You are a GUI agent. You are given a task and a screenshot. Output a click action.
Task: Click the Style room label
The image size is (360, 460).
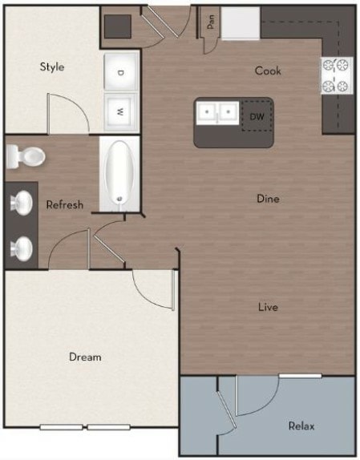click(x=52, y=67)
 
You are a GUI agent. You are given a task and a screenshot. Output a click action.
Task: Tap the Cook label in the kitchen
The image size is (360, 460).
click(x=268, y=71)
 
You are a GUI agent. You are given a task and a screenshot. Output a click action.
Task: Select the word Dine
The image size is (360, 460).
click(x=268, y=198)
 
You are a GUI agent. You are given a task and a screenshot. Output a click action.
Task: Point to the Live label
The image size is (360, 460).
click(x=268, y=306)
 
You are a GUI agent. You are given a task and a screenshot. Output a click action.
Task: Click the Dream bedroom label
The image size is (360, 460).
click(x=84, y=356)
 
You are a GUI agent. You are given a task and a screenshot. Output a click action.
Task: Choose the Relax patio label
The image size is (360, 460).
click(x=302, y=426)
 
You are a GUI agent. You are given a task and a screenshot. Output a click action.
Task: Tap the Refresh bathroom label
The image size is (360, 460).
click(x=64, y=204)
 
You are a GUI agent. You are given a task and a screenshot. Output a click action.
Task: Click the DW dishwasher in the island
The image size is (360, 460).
click(x=257, y=116)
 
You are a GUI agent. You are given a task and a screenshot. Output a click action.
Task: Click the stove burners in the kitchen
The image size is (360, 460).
click(x=338, y=75)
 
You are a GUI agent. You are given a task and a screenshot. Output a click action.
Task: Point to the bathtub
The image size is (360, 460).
click(x=119, y=174)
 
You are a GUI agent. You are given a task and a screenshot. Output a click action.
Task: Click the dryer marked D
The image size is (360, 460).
click(x=121, y=72)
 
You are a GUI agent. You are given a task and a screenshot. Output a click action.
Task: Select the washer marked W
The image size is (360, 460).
click(x=121, y=111)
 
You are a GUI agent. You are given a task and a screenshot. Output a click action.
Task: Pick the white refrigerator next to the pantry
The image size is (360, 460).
click(x=241, y=23)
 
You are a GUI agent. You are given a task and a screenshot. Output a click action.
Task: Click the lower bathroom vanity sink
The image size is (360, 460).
click(x=22, y=248)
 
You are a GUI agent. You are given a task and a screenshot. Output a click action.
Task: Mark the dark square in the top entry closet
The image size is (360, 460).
click(x=118, y=25)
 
